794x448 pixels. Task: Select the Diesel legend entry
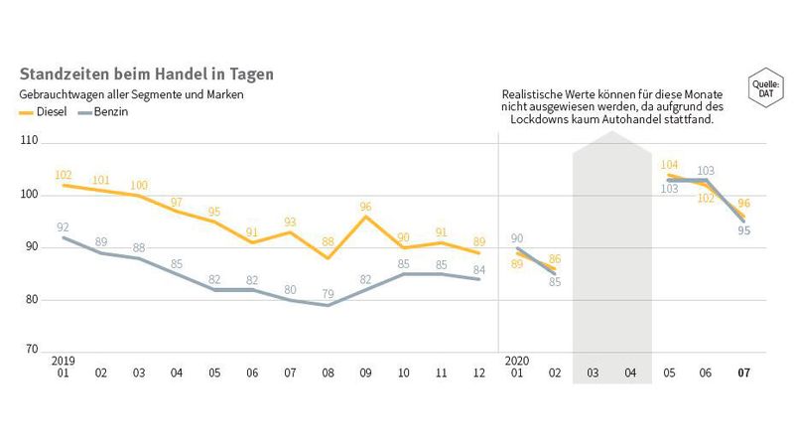point(43,112)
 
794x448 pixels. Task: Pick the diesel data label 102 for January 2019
point(65,174)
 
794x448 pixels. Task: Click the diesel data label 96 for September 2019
point(365,206)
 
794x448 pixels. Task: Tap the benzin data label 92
point(65,226)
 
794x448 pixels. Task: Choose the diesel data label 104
point(669,165)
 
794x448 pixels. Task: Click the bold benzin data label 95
point(744,230)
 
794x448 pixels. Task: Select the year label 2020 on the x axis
point(516,360)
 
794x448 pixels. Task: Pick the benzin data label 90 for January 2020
point(516,237)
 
